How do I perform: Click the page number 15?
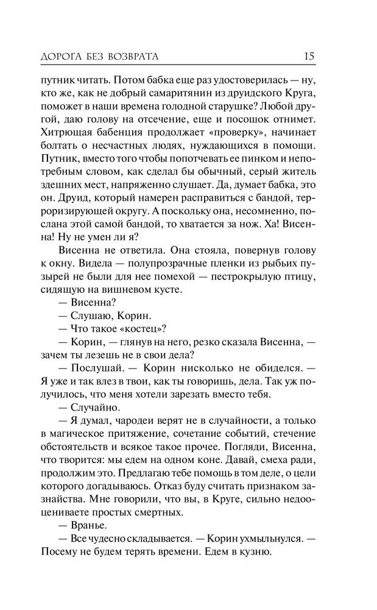[309, 57]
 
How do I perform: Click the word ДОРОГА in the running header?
[63, 57]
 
